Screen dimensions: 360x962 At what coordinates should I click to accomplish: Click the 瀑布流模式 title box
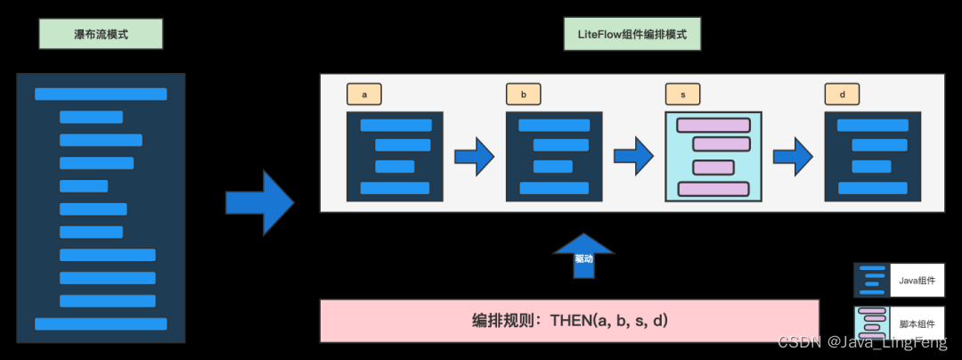[x=101, y=34]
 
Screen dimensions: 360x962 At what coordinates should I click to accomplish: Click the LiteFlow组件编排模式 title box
[x=632, y=34]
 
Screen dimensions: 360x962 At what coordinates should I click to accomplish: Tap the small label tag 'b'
[x=523, y=94]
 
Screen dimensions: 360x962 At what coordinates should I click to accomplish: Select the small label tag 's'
[x=682, y=94]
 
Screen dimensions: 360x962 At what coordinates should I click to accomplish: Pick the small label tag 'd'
[x=842, y=94]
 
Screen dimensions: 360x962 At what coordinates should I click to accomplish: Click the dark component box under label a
[x=395, y=156]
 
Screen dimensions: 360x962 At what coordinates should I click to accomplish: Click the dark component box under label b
[x=554, y=156]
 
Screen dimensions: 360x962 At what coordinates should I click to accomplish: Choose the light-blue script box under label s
[x=713, y=156]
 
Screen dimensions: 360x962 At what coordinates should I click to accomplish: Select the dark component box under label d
[x=873, y=156]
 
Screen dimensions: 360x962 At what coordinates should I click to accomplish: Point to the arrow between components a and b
[x=475, y=157]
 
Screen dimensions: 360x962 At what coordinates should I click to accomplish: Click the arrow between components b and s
[x=633, y=157]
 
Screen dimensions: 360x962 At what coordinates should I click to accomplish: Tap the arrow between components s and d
[x=793, y=157]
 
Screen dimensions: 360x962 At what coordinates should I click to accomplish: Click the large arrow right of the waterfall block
[x=259, y=202]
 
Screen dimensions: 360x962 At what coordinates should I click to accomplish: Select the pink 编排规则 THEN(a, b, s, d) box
[x=569, y=321]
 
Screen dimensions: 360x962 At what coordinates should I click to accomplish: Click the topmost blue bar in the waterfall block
[x=101, y=94]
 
